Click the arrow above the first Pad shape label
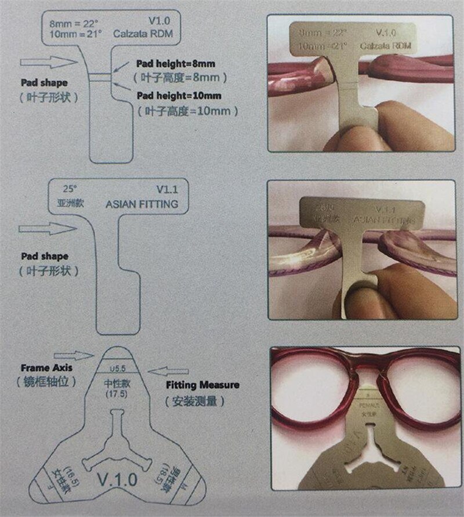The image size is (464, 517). [49, 62]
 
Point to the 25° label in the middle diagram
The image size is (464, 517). [69, 190]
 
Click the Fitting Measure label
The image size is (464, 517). [202, 385]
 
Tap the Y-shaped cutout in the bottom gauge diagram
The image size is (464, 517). [116, 441]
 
